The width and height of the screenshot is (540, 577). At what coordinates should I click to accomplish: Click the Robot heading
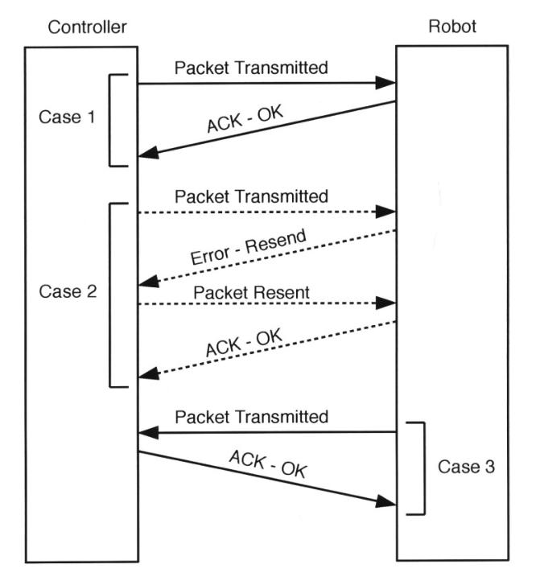click(x=451, y=27)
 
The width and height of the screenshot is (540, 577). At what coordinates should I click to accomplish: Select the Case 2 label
click(x=68, y=291)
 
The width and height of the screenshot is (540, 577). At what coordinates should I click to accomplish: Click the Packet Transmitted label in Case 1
click(x=251, y=68)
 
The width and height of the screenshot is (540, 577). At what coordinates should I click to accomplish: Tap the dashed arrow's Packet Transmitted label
click(x=251, y=196)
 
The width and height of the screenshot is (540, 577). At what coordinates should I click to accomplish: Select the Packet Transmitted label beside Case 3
click(x=251, y=417)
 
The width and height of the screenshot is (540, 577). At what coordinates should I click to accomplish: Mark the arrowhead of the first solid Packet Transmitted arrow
click(x=390, y=83)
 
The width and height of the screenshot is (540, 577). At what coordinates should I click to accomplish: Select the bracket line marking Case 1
click(x=109, y=121)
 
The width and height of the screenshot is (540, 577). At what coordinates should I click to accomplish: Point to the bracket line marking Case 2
click(x=109, y=295)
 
